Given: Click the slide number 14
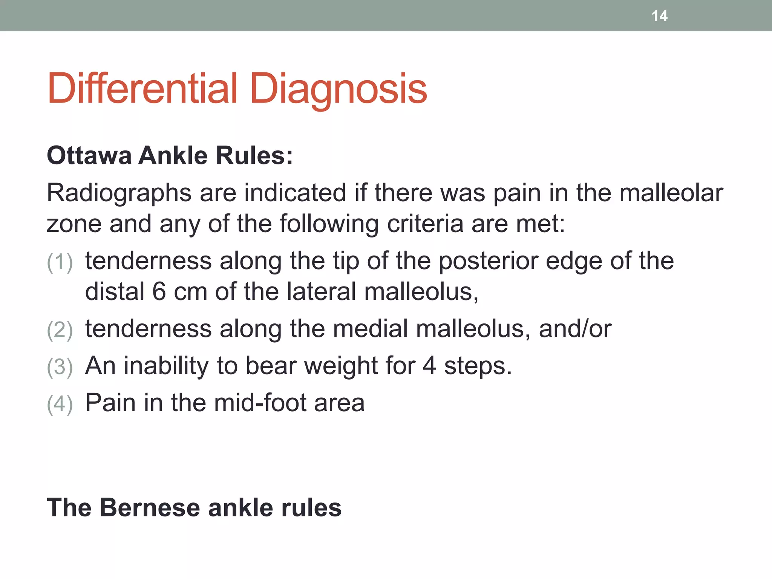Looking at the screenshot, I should (659, 16).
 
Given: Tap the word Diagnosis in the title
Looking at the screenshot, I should (338, 90).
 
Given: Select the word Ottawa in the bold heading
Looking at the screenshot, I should (89, 155).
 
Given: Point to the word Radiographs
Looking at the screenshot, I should (119, 193).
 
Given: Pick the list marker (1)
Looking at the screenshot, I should (60, 262).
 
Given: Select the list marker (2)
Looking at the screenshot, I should (60, 330).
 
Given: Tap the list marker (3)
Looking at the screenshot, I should (60, 367).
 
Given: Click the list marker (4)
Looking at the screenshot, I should (60, 404).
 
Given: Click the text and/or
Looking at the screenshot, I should (575, 328).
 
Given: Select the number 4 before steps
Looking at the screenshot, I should (429, 365).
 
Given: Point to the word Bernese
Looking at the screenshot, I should (149, 507).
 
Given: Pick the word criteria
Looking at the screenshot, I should (425, 224).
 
